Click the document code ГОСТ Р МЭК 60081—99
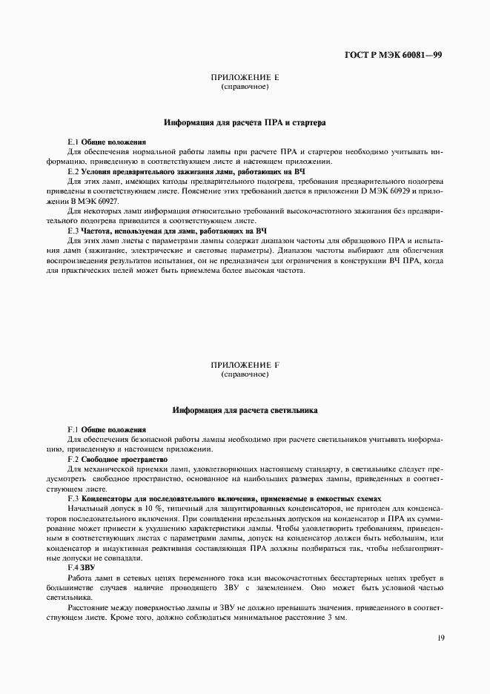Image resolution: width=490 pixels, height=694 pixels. click(x=394, y=55)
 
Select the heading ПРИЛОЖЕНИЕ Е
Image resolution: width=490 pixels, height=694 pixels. click(x=245, y=77)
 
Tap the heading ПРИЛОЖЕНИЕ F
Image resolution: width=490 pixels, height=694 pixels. click(x=245, y=366)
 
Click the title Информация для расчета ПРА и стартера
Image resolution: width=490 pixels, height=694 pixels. click(x=245, y=122)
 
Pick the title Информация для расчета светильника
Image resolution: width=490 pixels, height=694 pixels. click(x=245, y=410)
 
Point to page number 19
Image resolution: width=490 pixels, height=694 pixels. click(x=440, y=636)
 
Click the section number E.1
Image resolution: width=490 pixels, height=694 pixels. click(x=73, y=141)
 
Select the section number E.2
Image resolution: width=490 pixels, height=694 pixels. click(x=73, y=171)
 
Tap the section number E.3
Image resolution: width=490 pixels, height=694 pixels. click(x=73, y=231)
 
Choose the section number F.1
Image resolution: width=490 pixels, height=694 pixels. click(x=73, y=430)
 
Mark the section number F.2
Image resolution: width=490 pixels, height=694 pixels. click(x=73, y=460)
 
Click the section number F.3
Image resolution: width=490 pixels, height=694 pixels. click(x=73, y=499)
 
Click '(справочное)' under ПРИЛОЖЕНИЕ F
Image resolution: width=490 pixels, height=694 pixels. click(x=245, y=375)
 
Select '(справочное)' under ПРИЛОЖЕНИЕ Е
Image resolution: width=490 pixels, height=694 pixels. click(x=245, y=87)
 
